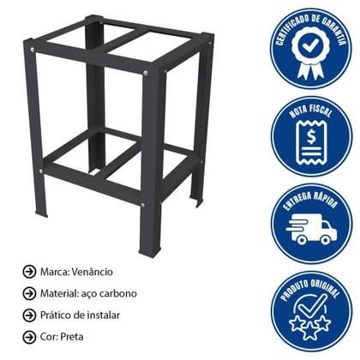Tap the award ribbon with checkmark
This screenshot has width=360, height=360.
point(312,50)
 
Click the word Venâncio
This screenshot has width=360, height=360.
point(113,272)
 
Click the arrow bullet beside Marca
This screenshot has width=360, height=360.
point(28,272)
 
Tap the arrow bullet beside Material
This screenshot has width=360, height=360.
point(28,293)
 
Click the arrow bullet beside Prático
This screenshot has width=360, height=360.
point(28,315)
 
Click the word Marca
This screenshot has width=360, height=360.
point(57,272)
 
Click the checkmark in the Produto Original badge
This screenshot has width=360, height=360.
point(314,304)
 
